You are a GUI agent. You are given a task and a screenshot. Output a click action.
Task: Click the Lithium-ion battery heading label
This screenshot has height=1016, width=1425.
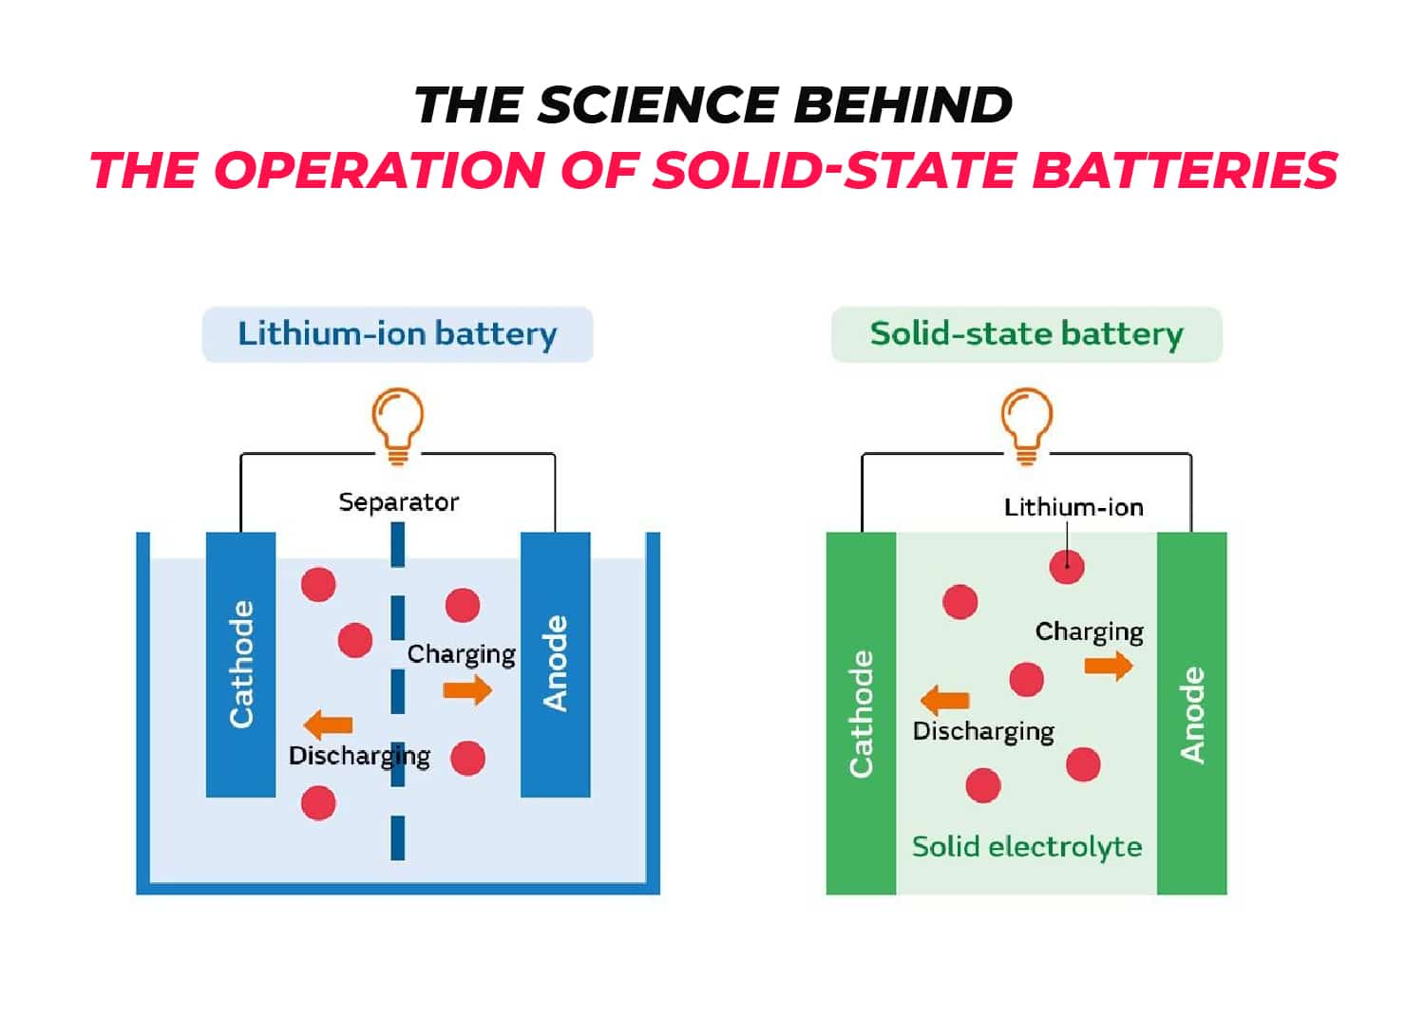coord(397,334)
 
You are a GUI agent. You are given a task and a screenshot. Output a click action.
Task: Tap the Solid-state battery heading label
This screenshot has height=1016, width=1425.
coord(1026,334)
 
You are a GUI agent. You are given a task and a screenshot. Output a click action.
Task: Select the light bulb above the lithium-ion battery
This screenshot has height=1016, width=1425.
coord(397,423)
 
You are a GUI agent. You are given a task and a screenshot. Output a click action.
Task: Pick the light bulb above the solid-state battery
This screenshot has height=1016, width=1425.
coord(1026,423)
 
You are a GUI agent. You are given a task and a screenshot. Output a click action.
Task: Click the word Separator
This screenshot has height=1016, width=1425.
coord(398,501)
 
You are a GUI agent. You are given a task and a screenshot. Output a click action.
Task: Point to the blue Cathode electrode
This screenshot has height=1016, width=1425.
coord(241,664)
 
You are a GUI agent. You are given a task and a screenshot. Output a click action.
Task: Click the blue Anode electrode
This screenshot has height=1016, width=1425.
coord(555,664)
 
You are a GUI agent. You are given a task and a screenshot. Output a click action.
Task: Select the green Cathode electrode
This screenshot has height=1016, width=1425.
coord(861,713)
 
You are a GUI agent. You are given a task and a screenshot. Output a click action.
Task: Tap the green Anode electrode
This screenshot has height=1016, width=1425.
coord(1191,713)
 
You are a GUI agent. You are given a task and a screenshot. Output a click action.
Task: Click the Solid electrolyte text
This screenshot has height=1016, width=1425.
coord(1026,846)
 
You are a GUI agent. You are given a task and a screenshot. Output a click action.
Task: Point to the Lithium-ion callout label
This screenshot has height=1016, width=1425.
coord(1073,507)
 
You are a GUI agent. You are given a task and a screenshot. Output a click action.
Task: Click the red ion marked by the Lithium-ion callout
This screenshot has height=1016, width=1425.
coord(1067,567)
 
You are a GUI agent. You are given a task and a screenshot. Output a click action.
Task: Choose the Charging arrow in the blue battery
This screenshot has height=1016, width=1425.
coord(467,689)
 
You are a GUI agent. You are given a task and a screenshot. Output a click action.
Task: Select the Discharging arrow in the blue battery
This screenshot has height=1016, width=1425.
coord(328,725)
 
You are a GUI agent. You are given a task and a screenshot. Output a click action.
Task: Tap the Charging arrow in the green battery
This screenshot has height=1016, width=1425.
coord(1109,666)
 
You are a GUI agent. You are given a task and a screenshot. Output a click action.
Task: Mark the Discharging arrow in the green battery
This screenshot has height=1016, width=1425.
coord(945,701)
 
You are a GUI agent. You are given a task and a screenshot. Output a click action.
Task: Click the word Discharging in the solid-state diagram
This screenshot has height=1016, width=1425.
coord(983,731)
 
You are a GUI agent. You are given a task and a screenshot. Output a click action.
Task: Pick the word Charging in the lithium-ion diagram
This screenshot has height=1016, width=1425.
coord(461,654)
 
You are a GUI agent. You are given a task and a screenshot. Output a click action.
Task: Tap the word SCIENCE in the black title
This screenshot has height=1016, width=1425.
coord(655,104)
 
